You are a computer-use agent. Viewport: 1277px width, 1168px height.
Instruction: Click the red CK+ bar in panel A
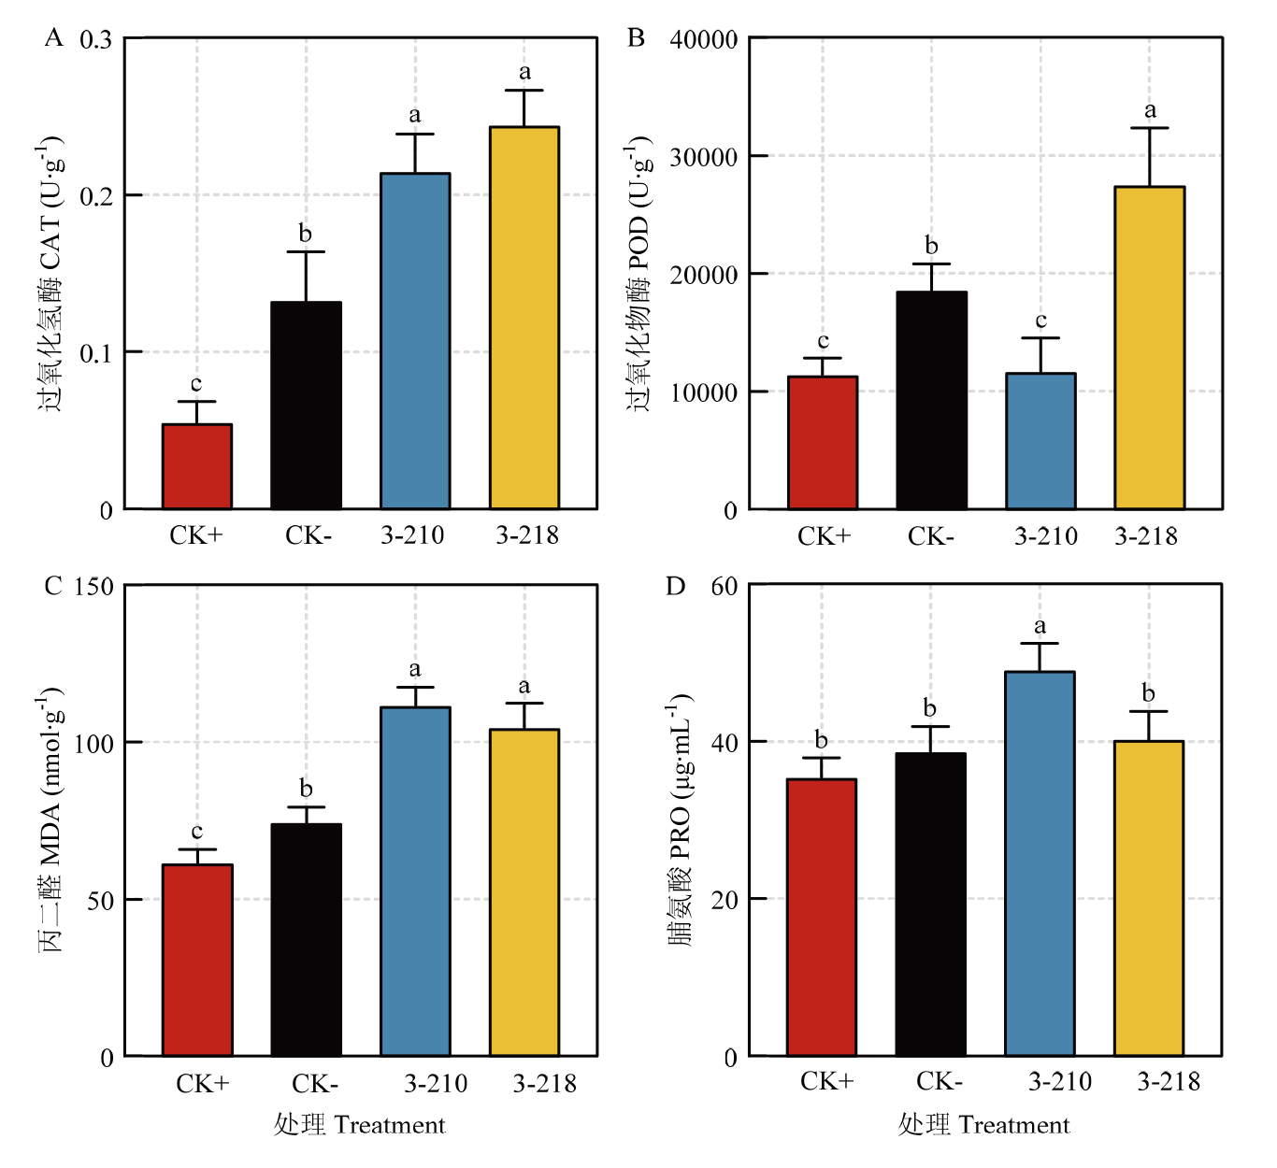click(x=197, y=466)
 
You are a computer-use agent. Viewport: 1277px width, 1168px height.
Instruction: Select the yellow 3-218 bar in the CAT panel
click(x=524, y=318)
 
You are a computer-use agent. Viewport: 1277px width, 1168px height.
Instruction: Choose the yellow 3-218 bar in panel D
click(x=1149, y=898)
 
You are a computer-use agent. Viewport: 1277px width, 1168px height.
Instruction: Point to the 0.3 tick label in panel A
click(x=95, y=39)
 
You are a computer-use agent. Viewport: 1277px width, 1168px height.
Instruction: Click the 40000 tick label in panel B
click(x=704, y=39)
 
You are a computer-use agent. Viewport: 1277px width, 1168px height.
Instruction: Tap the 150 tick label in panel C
click(x=93, y=587)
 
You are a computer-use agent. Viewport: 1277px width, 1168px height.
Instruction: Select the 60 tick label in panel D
click(x=725, y=586)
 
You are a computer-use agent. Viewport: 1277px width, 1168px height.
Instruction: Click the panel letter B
click(x=636, y=38)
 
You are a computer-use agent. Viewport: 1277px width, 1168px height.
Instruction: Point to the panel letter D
click(x=675, y=586)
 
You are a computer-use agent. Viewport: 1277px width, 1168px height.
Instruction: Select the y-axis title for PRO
click(x=681, y=819)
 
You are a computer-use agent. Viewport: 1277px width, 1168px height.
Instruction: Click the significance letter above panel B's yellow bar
click(x=1151, y=110)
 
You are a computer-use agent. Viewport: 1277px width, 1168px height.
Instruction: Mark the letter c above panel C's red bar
click(x=197, y=832)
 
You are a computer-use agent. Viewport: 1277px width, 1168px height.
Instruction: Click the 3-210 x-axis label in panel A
click(x=412, y=535)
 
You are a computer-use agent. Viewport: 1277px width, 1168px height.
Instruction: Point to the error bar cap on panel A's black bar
click(x=306, y=252)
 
